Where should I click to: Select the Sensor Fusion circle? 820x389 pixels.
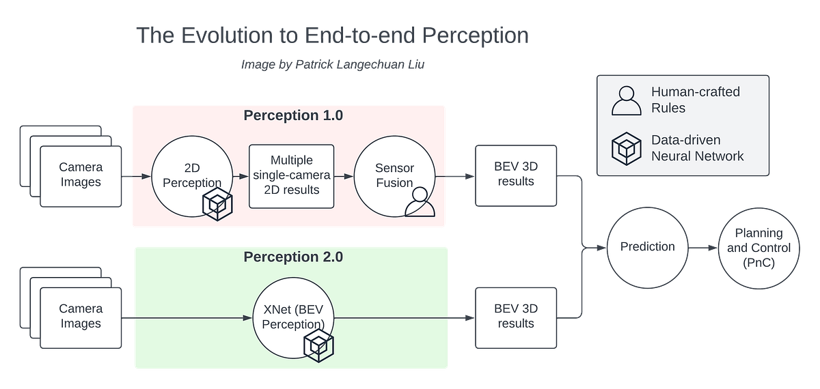(394, 175)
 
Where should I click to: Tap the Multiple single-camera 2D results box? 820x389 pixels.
(292, 176)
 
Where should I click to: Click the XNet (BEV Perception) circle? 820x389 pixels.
(294, 318)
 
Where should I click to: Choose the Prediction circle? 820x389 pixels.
(647, 246)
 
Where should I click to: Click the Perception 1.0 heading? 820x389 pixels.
(293, 115)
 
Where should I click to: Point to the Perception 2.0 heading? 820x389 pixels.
(293, 257)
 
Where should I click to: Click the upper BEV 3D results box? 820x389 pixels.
(516, 175)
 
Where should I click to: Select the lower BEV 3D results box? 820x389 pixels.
(516, 316)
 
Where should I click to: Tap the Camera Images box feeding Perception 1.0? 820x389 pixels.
(81, 175)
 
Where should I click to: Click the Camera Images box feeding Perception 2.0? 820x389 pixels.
(81, 317)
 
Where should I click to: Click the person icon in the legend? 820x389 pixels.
(626, 100)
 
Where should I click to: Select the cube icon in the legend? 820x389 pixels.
(626, 148)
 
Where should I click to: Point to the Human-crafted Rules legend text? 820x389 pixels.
(695, 100)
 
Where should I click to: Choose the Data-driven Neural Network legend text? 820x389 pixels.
(697, 147)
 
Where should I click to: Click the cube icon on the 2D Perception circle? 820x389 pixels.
(218, 203)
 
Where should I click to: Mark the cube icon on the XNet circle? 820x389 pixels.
(318, 345)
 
